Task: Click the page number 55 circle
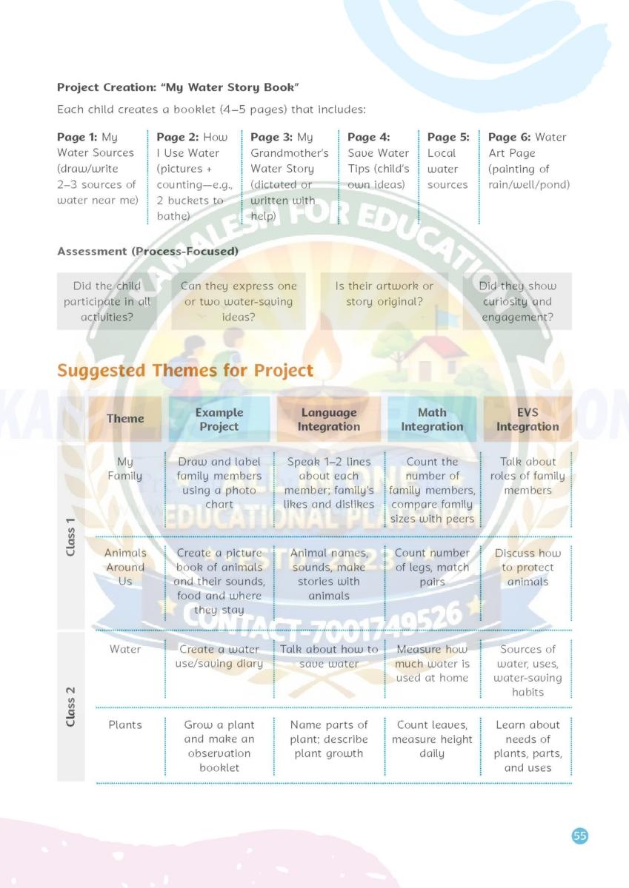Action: click(x=580, y=835)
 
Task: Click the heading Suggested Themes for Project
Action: click(x=185, y=370)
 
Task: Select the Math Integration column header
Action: click(x=432, y=420)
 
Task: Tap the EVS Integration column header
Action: click(x=528, y=420)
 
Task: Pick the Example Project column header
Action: click(x=219, y=420)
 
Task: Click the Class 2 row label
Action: click(x=71, y=706)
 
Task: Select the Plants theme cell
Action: click(x=125, y=725)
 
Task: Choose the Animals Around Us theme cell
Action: click(x=125, y=567)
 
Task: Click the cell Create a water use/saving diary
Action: click(x=219, y=656)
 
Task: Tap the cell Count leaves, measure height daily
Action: click(x=432, y=739)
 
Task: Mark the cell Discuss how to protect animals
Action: click(x=528, y=567)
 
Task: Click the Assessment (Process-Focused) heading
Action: click(x=147, y=252)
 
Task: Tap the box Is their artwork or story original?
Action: click(x=385, y=294)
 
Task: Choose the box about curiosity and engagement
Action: click(x=517, y=301)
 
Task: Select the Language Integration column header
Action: click(x=329, y=420)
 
